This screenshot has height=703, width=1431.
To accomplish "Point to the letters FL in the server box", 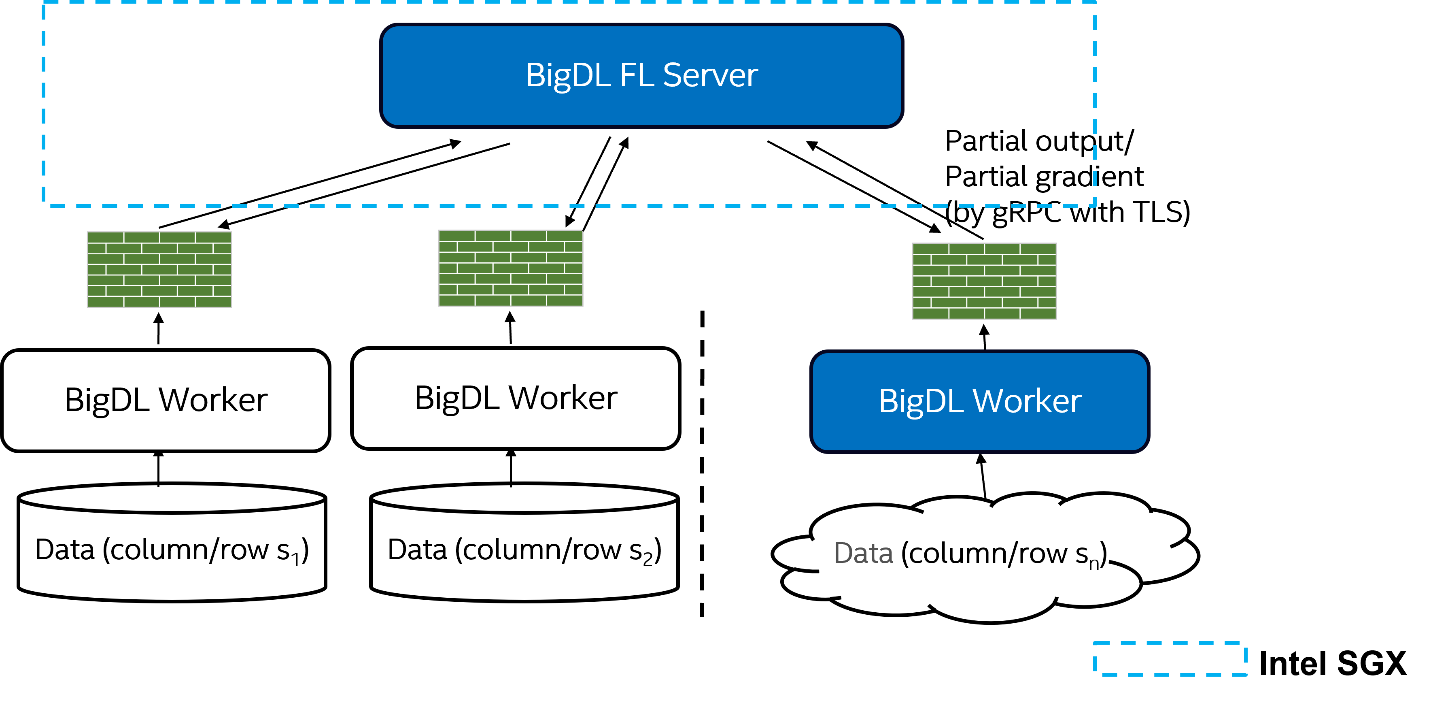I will pos(637,75).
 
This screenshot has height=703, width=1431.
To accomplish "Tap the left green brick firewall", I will pos(159,270).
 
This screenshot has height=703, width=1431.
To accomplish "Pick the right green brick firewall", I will pos(984,281).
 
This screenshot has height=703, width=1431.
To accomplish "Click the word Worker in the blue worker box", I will pos(1027,401).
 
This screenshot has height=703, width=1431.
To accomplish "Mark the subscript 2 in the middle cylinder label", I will pos(648,558).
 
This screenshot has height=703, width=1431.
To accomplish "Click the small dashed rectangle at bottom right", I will pos(1170,658).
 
